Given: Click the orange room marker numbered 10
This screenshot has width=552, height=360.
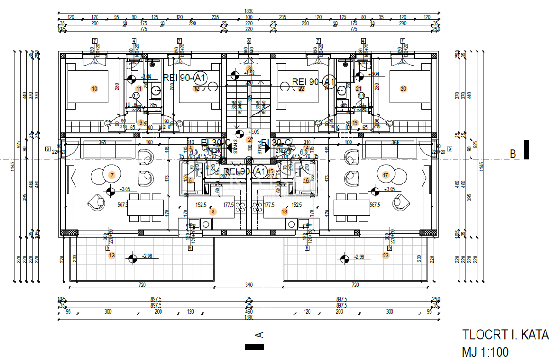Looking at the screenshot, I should [x=94, y=89].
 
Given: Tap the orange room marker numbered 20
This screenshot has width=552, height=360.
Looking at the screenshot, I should [x=403, y=89].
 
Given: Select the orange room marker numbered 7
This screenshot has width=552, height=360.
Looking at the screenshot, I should [x=111, y=175].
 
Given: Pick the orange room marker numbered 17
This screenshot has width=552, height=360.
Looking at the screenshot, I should [x=385, y=175].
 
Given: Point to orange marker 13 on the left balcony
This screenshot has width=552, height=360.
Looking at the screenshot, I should [x=111, y=255].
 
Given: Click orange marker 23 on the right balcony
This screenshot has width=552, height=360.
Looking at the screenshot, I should [x=385, y=255].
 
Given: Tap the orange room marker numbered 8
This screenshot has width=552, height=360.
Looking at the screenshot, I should [x=213, y=212].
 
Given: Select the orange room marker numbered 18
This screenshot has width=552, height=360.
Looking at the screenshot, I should [x=284, y=212].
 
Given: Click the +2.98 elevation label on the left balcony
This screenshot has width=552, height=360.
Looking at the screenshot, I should [x=148, y=257].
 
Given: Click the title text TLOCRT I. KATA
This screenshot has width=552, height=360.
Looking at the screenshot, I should [x=505, y=334].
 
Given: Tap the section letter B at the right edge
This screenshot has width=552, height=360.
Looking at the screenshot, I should [x=512, y=154].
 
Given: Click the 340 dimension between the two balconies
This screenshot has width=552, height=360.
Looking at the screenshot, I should [x=248, y=285].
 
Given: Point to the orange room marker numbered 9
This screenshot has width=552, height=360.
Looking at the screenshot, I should [x=141, y=123].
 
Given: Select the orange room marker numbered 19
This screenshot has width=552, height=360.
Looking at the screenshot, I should [x=355, y=123].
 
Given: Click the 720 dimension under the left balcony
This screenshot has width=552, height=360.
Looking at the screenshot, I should [x=142, y=285].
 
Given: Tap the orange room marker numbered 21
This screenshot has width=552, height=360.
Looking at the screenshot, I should [x=359, y=89].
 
